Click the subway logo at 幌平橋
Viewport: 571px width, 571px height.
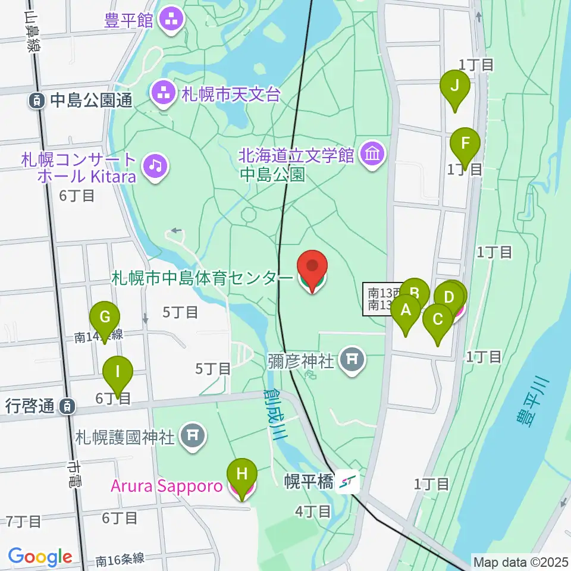[347, 482]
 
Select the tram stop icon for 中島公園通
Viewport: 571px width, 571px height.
[37, 101]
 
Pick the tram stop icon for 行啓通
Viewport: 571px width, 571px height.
[68, 407]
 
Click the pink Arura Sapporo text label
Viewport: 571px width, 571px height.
[167, 487]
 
